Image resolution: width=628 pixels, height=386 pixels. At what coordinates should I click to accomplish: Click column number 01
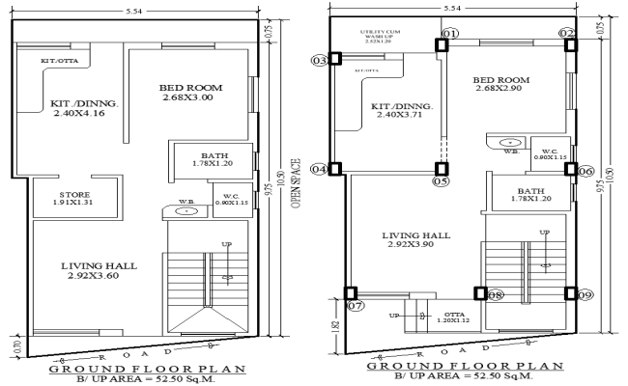point(448,34)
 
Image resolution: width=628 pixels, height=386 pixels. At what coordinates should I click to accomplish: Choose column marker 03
point(320,61)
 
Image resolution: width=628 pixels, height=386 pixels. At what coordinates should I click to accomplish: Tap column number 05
point(442,180)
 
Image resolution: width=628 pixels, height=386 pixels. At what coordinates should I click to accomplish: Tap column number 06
point(585,172)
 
